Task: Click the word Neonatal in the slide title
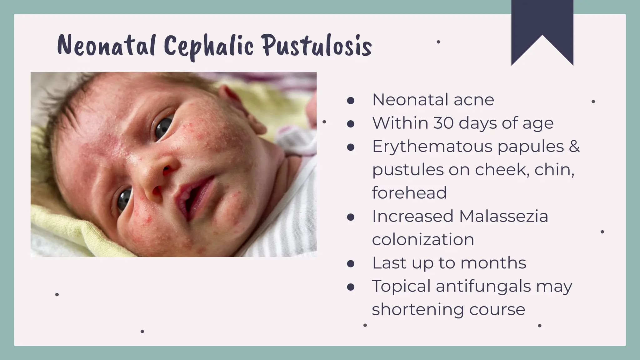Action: point(107,46)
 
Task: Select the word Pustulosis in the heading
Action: point(317,46)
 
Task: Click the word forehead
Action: point(409,192)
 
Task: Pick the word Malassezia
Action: point(504,216)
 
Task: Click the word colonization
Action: point(423,239)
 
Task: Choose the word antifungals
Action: point(483,286)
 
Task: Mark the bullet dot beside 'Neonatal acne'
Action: point(351,100)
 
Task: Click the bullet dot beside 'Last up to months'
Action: point(351,263)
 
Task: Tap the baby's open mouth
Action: point(194,197)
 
